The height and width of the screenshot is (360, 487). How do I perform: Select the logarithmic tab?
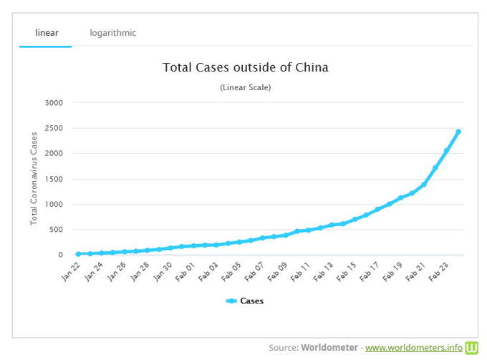click(x=112, y=32)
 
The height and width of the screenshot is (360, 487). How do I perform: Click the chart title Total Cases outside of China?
click(x=245, y=68)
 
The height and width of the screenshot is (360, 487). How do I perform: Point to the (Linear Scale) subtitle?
click(x=245, y=87)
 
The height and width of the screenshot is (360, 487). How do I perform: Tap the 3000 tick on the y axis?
click(x=54, y=103)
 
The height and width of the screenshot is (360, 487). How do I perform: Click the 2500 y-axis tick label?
click(x=54, y=128)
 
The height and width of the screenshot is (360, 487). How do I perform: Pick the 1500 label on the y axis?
click(x=54, y=179)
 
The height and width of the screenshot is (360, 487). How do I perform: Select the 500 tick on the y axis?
click(x=56, y=230)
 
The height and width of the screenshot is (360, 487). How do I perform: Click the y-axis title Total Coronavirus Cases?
click(x=34, y=179)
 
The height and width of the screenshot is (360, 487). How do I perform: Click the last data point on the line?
click(x=458, y=132)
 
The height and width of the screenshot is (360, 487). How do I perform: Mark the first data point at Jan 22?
click(x=78, y=254)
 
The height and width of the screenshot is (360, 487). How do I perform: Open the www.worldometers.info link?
click(x=413, y=348)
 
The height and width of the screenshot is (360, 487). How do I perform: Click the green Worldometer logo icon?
click(x=472, y=347)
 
